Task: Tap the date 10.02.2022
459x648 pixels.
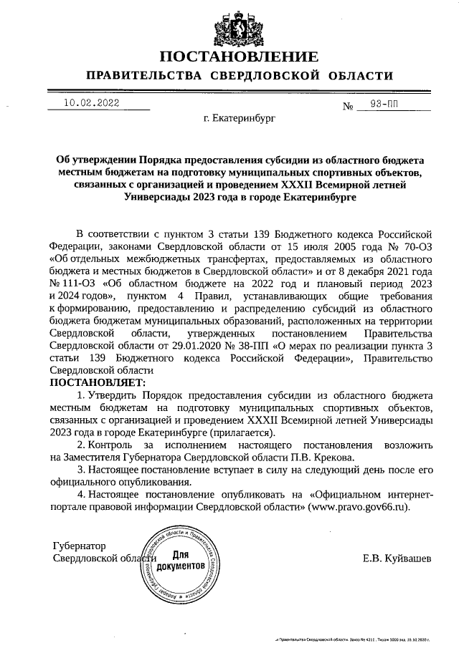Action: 92,102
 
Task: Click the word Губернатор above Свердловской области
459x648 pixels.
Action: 80,545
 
